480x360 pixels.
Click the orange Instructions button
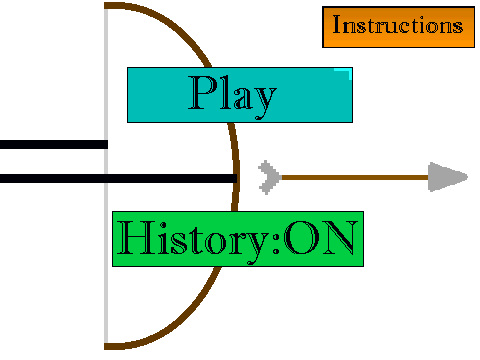click(x=398, y=27)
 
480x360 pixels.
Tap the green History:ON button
click(x=238, y=239)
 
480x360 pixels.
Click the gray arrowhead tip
click(x=467, y=177)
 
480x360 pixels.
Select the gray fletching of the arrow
click(x=269, y=177)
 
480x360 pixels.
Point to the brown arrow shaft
click(x=355, y=177)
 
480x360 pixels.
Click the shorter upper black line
click(x=54, y=144)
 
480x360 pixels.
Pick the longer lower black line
click(x=118, y=178)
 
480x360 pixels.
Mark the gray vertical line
click(x=106, y=176)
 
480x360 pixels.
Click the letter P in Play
click(x=202, y=93)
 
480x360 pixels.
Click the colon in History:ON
click(x=276, y=242)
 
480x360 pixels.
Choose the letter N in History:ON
click(x=339, y=237)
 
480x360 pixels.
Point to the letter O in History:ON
click(x=301, y=238)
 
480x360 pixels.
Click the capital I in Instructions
click(x=338, y=24)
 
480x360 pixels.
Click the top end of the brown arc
click(x=105, y=5)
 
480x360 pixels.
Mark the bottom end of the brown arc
click(x=105, y=346)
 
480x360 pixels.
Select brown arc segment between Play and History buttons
click(x=234, y=167)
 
